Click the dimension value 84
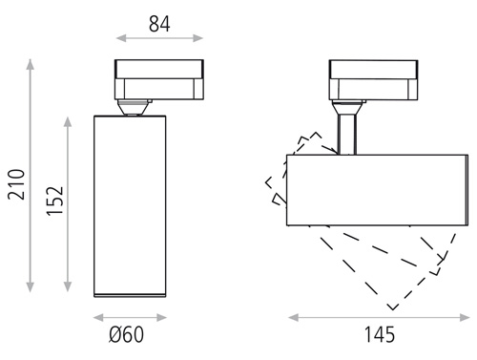(159, 24)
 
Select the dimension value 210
(16, 184)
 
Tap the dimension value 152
(55, 201)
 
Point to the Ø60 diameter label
(126, 334)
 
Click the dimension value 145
(379, 334)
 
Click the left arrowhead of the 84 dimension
(121, 38)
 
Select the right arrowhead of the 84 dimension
(197, 38)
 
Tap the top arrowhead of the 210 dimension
(31, 64)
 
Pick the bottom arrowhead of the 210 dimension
(31, 287)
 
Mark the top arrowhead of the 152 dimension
(68, 122)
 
